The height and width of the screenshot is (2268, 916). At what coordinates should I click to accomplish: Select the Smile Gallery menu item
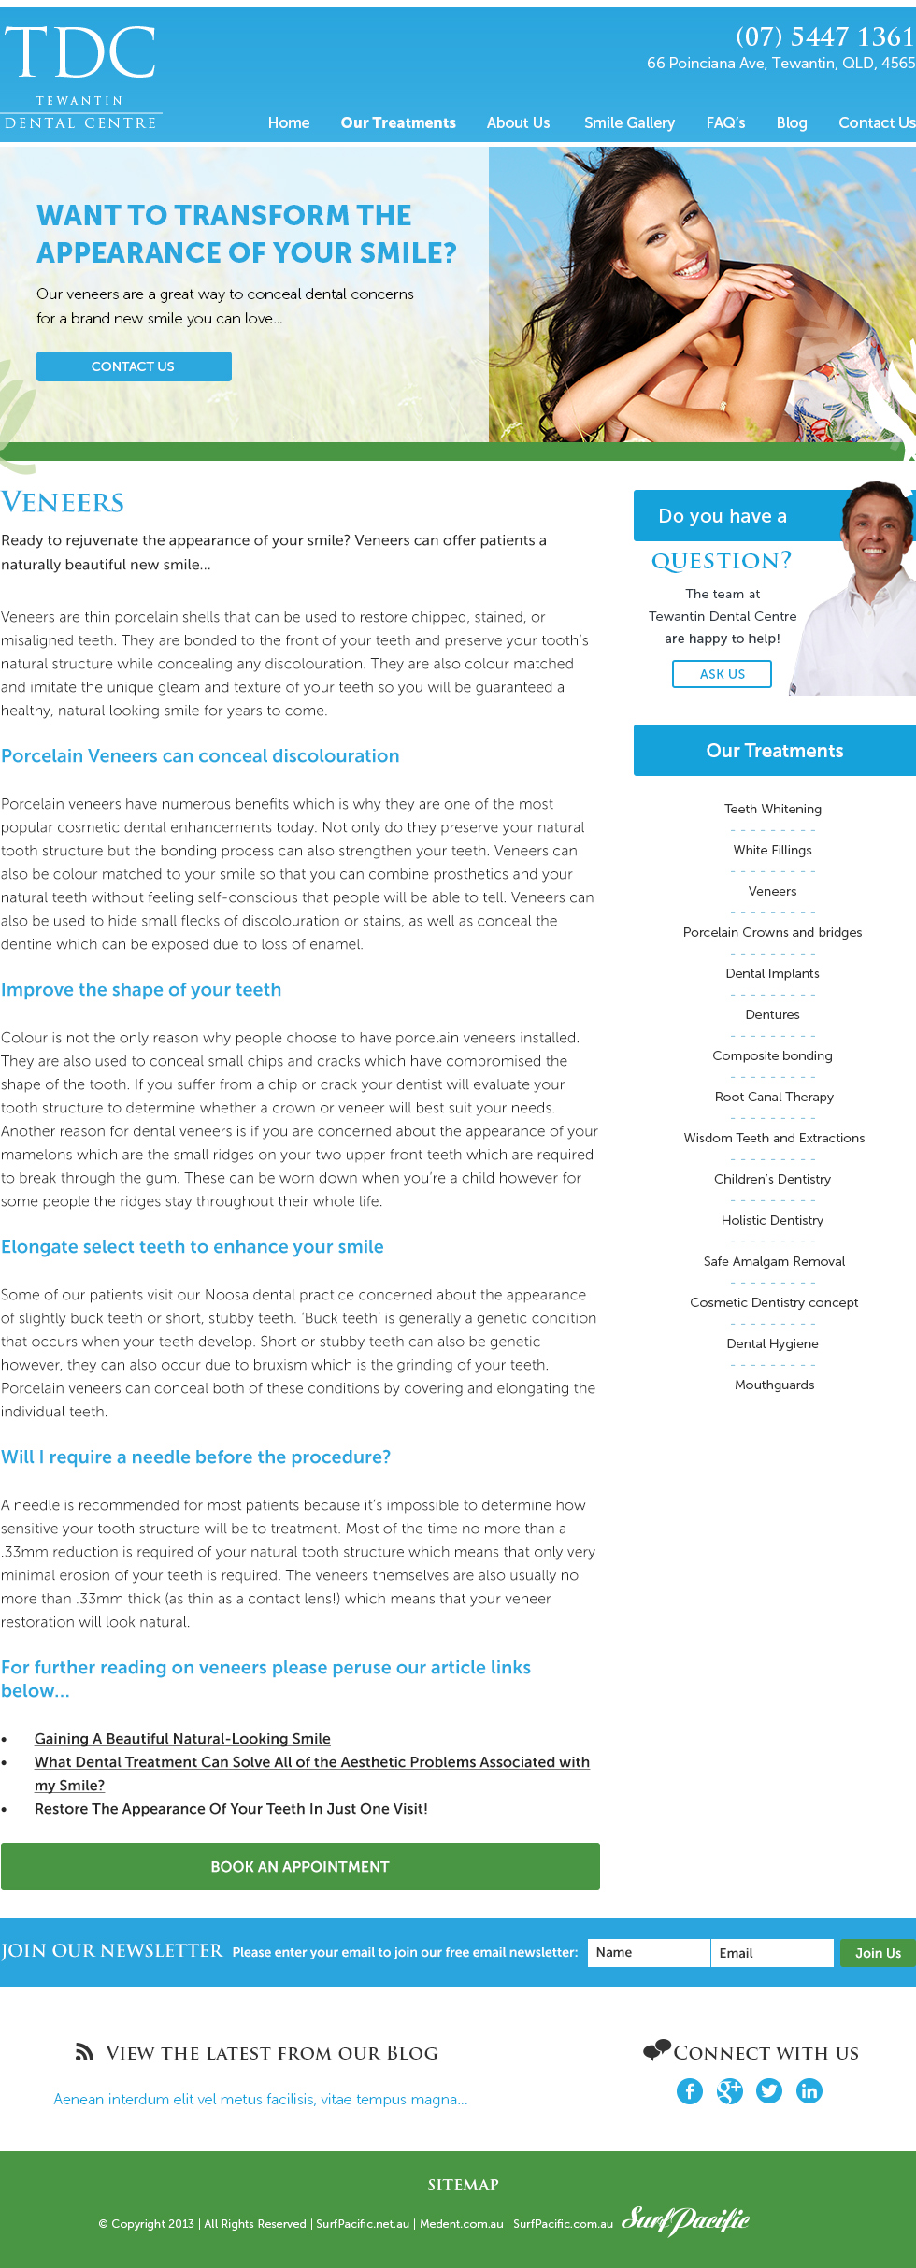(629, 122)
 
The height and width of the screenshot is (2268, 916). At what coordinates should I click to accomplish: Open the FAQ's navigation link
(725, 122)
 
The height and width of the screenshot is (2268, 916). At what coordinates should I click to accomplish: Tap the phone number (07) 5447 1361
(824, 36)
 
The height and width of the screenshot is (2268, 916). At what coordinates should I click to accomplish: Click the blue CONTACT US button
(134, 366)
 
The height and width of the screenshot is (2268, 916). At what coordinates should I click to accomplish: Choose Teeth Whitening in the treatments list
(773, 809)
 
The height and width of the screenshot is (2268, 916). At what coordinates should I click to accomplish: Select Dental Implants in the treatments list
(773, 973)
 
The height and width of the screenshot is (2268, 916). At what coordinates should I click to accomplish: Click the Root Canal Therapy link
(774, 1097)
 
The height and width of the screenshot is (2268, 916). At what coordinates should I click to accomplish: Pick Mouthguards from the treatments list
(774, 1385)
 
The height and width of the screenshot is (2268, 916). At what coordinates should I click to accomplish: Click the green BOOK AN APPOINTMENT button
(300, 1866)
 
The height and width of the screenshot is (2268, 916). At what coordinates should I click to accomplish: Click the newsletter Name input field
(649, 1952)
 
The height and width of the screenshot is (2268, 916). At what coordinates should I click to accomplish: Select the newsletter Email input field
(772, 1952)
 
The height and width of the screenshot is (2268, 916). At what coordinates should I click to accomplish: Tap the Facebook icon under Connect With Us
(690, 2091)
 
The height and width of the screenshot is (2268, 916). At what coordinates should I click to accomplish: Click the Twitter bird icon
(769, 2091)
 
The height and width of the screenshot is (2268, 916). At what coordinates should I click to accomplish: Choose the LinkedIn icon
(809, 2091)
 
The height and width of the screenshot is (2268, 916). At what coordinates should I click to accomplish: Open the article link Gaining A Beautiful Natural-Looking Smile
(182, 1738)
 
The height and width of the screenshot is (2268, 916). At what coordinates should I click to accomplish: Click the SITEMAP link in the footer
(463, 2185)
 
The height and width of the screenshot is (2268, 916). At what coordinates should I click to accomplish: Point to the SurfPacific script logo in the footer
(686, 2219)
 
